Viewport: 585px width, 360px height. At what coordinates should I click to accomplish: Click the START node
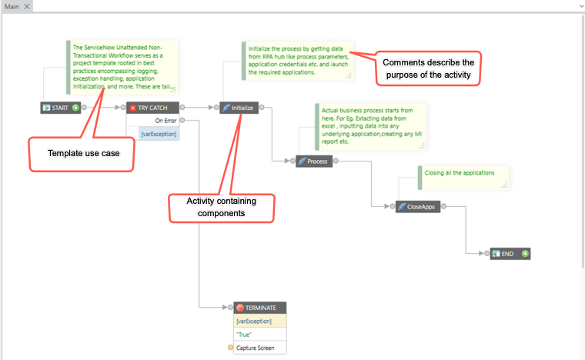pos(61,108)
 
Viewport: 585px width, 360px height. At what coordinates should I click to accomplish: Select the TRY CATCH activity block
pos(152,108)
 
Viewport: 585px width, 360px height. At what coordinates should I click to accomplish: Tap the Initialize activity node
pos(239,108)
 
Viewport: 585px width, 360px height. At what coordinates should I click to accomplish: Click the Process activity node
pos(314,162)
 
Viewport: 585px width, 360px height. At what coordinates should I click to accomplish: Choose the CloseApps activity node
pos(418,206)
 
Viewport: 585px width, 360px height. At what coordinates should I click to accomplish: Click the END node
pos(510,254)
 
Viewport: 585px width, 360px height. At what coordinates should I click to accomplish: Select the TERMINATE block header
pos(260,308)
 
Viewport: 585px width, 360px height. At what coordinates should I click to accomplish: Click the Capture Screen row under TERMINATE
pos(260,348)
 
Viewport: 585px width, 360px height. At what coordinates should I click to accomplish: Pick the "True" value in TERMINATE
pos(244,335)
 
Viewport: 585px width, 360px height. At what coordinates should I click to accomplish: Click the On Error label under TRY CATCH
pos(165,121)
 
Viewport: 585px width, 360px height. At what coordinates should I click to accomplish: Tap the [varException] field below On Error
pos(159,134)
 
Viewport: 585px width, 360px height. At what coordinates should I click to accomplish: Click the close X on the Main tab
pos(27,6)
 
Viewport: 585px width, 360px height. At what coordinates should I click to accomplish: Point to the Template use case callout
pos(82,155)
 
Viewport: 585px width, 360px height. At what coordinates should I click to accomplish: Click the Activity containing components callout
pos(222,208)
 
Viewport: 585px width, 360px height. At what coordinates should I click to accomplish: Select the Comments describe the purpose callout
pos(428,68)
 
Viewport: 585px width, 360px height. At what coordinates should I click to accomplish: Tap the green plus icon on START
pos(75,108)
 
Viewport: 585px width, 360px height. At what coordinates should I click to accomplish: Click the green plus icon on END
pos(525,254)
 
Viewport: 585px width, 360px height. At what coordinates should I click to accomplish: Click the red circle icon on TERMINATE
pos(240,308)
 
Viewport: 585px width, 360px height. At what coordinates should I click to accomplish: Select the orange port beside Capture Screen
pos(231,348)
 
